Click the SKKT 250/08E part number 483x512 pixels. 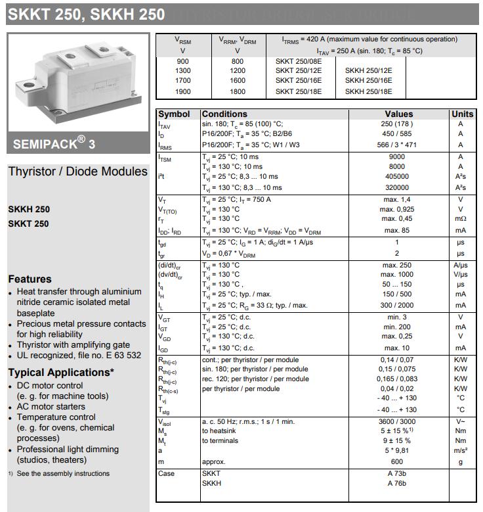coord(299,60)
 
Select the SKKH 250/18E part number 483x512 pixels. coord(368,92)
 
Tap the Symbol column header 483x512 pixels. coord(174,114)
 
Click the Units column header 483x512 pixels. coord(463,114)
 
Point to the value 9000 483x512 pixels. coord(397,157)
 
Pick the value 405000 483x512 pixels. coord(397,177)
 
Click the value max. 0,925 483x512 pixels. coord(397,209)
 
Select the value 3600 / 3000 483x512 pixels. coord(397,421)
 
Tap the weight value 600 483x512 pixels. coord(397,462)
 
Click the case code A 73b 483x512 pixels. coord(397,474)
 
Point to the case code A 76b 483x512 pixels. coord(397,484)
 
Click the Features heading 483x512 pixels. coord(30,279)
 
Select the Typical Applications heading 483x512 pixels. coord(61,373)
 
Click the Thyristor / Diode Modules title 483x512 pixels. coord(77,172)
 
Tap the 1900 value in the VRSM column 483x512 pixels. coord(183,92)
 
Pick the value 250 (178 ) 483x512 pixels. coord(397,124)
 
